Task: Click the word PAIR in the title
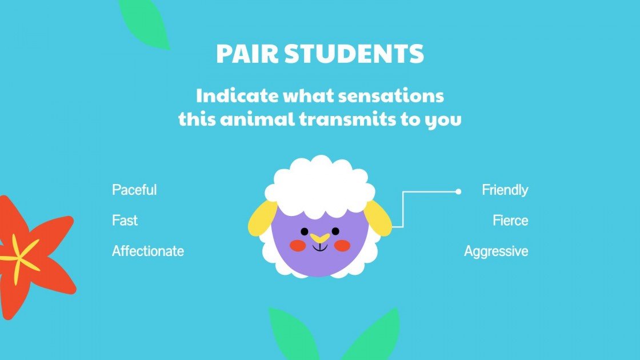247,54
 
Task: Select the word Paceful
134,190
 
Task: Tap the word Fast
125,221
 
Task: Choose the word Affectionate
148,251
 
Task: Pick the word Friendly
505,190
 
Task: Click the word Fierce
510,221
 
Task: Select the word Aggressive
496,251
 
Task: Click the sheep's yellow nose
319,237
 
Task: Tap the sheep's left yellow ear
262,218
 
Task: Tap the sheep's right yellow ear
379,218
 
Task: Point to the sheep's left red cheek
297,246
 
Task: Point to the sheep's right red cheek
341,246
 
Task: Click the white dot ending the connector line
458,192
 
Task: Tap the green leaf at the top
146,23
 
